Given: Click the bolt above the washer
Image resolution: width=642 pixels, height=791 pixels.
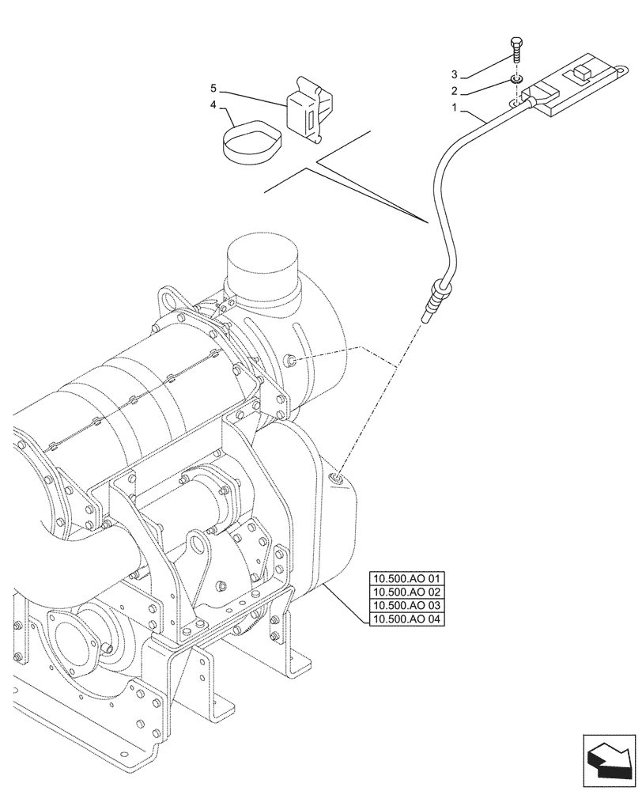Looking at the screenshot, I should click(517, 52).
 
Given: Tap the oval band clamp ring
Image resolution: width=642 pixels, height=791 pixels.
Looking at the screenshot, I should click(245, 143).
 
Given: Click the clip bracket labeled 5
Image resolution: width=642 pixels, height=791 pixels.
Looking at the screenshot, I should click(309, 109).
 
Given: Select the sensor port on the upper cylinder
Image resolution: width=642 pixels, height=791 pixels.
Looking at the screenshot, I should click(292, 361).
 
